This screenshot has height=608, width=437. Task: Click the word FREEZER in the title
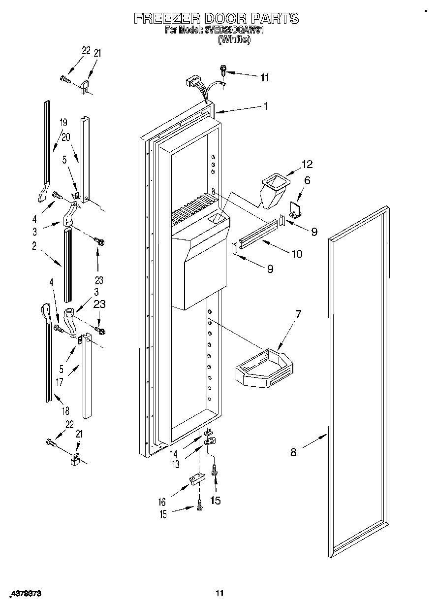point(166,19)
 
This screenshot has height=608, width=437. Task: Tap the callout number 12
point(307,164)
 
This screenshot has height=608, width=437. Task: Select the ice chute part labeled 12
point(272,190)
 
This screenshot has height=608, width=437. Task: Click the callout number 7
point(298,314)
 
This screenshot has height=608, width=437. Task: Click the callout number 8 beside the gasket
point(293,452)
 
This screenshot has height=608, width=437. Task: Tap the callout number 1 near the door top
point(265,105)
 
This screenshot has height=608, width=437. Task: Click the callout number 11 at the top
point(265,77)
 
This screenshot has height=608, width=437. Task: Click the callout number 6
point(307,181)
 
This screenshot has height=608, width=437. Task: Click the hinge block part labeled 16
point(196,480)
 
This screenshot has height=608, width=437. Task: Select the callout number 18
point(66,410)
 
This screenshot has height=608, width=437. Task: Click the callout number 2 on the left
point(34,247)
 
